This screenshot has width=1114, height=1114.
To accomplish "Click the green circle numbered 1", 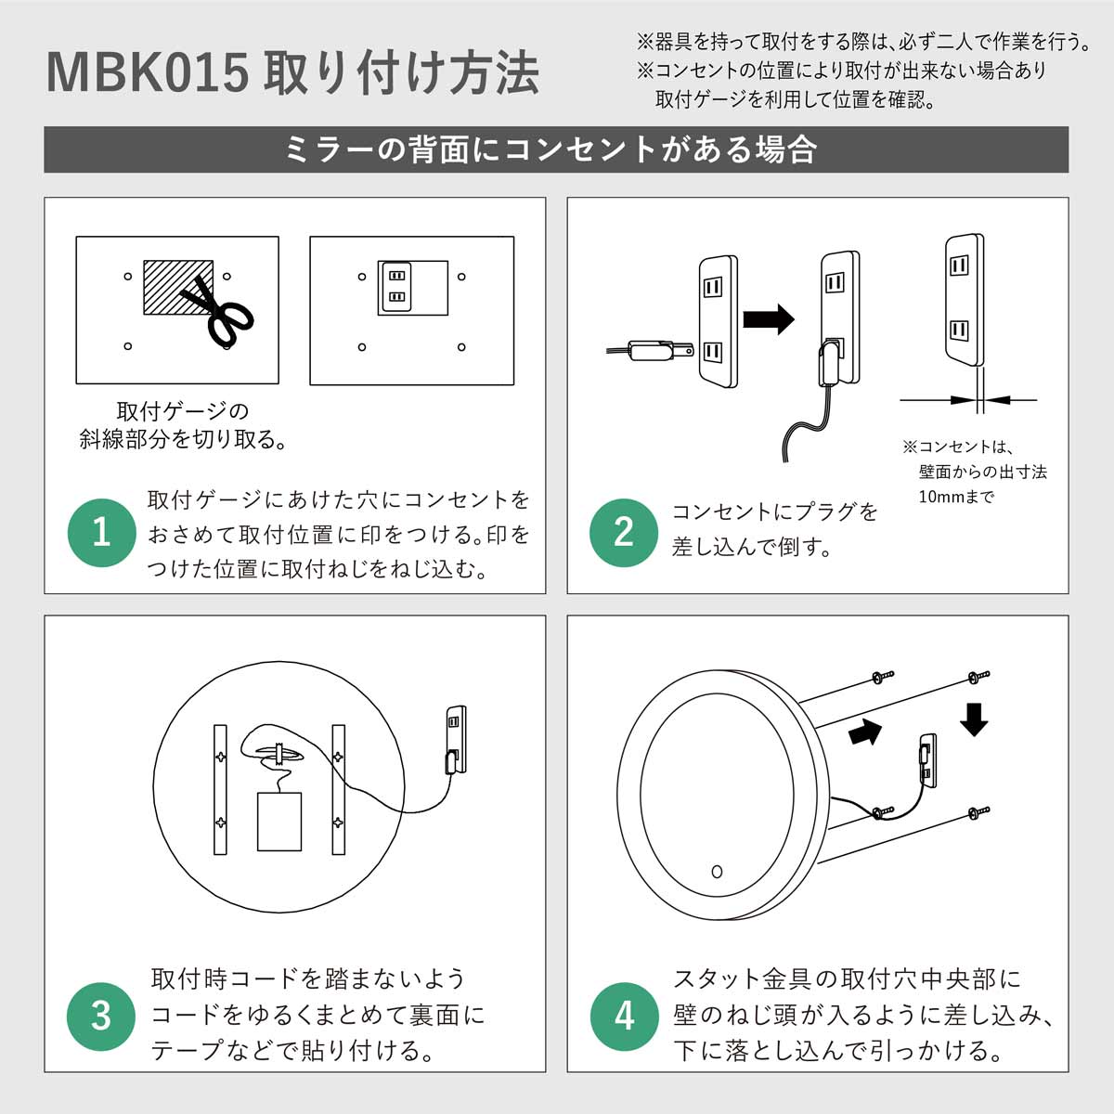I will pos(102,533).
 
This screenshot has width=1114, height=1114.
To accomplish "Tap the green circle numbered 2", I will pos(624,533).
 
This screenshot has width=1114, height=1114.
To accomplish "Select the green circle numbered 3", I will pos(102,1016).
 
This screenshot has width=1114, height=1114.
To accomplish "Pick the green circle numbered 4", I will pos(624,1016).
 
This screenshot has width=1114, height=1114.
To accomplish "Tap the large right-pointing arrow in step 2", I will pos(770,319).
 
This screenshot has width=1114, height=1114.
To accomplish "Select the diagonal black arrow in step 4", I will pos(864,732).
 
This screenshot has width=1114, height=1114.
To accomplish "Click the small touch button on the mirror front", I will pos(716,871).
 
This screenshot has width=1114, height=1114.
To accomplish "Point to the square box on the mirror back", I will pos(278,821).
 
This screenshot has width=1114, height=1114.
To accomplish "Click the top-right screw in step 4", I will pos(979,675).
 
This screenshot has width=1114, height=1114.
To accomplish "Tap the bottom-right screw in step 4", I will pos(979,813).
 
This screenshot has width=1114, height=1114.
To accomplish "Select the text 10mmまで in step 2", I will pos(956,497).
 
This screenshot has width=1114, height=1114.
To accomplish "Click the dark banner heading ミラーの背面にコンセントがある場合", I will pos(556,149).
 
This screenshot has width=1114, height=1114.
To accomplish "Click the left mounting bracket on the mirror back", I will pos(220,789).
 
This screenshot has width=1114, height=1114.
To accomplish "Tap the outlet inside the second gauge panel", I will pos(396,287).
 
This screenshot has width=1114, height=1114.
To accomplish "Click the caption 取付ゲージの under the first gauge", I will pos(182,410).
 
